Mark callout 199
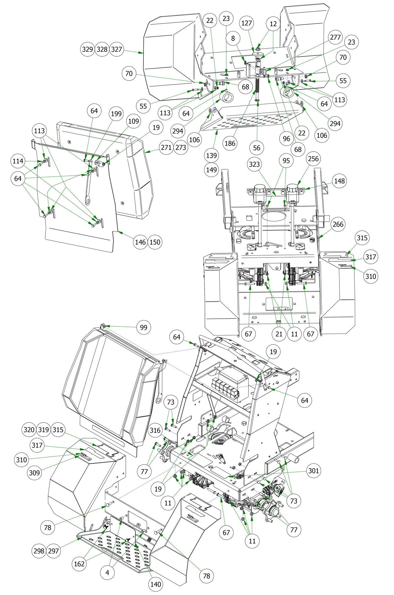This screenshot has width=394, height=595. click(x=116, y=114)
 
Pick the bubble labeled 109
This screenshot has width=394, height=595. click(x=133, y=121)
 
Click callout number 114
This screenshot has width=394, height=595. click(x=18, y=161)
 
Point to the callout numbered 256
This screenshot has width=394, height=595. click(x=313, y=159)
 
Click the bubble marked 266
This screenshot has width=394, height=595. click(x=338, y=224)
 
